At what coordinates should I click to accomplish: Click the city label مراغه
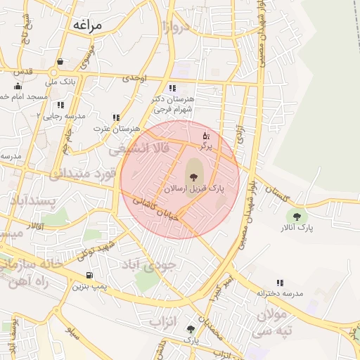point(87,25)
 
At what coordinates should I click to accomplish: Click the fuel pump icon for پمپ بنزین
point(89,276)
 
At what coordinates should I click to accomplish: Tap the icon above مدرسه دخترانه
point(281,283)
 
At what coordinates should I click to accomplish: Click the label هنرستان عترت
point(117,129)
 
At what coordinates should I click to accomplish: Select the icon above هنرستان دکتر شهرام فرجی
point(172,89)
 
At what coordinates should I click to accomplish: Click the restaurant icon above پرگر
point(206,135)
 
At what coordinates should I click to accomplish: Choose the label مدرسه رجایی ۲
point(61,115)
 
